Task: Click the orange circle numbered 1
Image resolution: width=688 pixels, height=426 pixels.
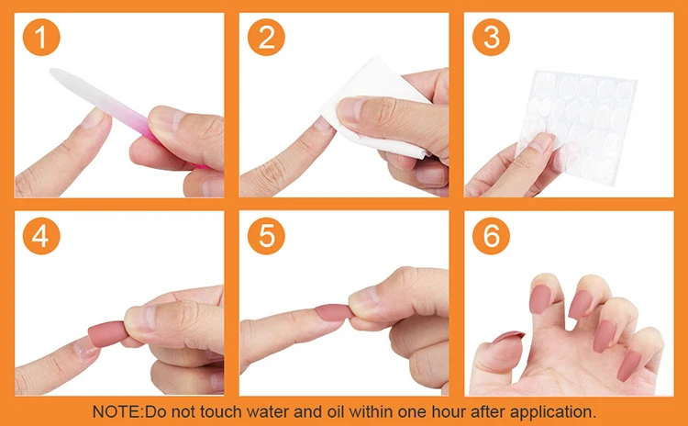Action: click(x=41, y=38)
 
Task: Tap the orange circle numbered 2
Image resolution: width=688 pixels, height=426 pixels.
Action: click(x=266, y=38)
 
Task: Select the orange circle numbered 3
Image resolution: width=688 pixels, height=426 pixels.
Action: click(x=491, y=38)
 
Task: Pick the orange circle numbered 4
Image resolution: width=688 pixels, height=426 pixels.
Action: click(x=41, y=236)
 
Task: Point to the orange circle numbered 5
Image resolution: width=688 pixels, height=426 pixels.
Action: click(x=266, y=236)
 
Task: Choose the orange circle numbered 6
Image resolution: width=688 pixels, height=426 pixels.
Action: click(x=491, y=236)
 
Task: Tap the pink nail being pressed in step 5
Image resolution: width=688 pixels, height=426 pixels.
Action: click(x=334, y=312)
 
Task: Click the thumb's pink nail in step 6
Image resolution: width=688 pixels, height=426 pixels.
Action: click(x=508, y=336)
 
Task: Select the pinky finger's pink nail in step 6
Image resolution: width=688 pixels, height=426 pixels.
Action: click(x=628, y=365)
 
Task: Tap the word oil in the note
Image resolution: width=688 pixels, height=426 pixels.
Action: click(x=336, y=412)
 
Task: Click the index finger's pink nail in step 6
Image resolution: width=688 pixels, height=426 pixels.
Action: click(x=540, y=298)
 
